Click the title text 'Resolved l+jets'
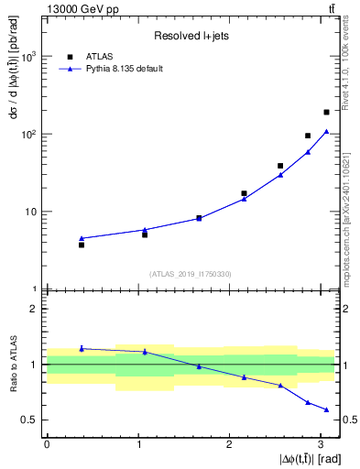pyautogui.click(x=190, y=37)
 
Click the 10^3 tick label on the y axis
pyautogui.click(x=28, y=57)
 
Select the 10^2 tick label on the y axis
pyautogui.click(x=28, y=135)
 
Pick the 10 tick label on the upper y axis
pyautogui.click(x=30, y=212)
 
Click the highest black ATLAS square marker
pyautogui.click(x=326, y=112)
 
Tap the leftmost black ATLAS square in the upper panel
pyautogui.click(x=82, y=245)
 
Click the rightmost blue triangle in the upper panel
pyautogui.click(x=326, y=131)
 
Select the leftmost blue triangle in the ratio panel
pyautogui.click(x=82, y=348)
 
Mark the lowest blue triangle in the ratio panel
pyautogui.click(x=326, y=409)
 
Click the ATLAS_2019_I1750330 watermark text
pyautogui.click(x=191, y=274)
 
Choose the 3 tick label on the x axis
pyautogui.click(x=322, y=443)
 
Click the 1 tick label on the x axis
pyautogui.click(x=138, y=443)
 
